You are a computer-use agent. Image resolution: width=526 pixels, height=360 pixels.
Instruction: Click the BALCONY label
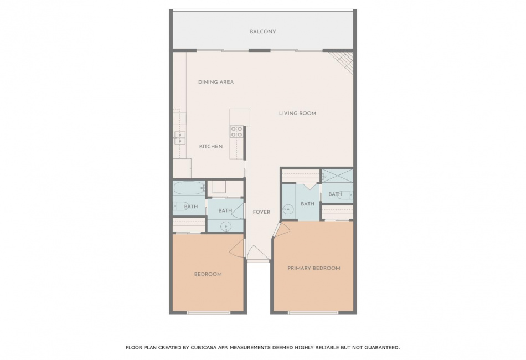coord(262,32)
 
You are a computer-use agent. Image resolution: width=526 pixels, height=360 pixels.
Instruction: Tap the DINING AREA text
coord(216,82)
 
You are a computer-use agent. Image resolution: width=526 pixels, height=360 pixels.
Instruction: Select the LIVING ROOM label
coord(297,114)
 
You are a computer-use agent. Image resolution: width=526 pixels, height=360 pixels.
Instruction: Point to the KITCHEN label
coord(210,146)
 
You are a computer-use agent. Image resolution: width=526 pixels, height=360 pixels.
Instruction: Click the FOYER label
coord(261,212)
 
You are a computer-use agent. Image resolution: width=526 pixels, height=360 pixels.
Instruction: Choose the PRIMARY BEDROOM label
coord(313,268)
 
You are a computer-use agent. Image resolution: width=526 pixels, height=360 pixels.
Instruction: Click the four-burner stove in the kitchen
coord(236,131)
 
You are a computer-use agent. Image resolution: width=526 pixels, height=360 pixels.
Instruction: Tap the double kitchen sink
coord(179,138)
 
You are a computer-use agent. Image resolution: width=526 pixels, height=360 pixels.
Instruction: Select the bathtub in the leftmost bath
coord(189,188)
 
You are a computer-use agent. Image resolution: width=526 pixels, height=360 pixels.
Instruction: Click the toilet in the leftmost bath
coord(178,205)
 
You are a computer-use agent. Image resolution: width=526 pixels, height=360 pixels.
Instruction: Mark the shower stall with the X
coord(338,176)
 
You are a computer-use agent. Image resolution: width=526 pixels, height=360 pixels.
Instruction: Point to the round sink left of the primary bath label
coord(288,209)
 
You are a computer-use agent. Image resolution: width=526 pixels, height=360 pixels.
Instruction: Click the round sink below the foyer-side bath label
coord(226,227)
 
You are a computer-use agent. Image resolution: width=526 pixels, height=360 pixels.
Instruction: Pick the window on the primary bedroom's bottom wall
coord(313,313)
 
